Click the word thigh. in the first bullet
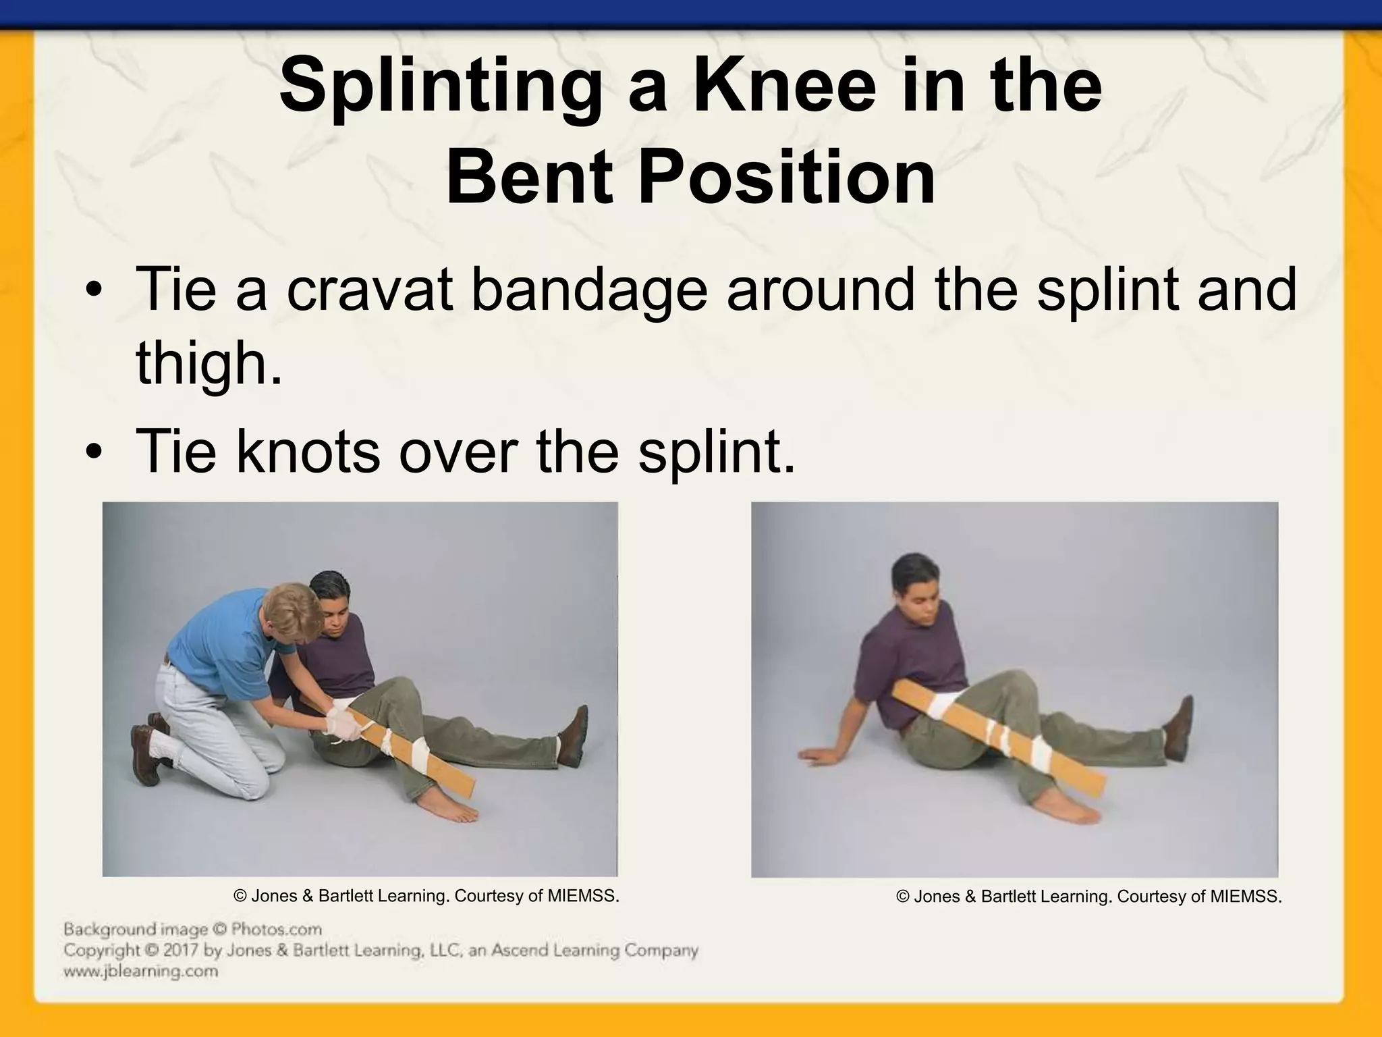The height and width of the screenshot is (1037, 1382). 209,364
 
